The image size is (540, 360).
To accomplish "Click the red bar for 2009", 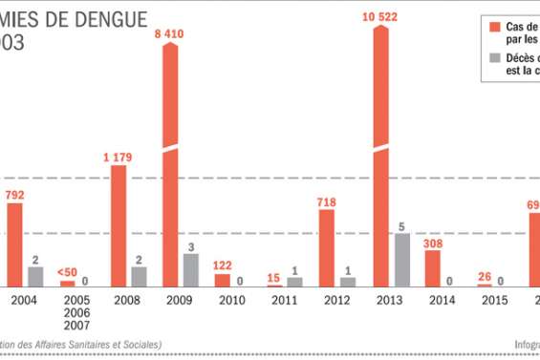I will tap(171, 162).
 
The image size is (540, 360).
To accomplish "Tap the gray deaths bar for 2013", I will tap(401, 259).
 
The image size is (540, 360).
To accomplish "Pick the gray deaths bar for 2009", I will tap(191, 269).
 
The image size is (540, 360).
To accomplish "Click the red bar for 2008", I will tap(119, 225).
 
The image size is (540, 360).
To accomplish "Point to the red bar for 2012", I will tap(327, 247).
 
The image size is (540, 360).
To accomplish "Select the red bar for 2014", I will tap(432, 267).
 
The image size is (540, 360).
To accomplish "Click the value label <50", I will tap(66, 270).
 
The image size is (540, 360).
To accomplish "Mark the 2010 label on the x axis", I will tap(231, 300).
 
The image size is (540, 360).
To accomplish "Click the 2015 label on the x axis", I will tap(494, 300).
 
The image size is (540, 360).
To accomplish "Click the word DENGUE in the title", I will tap(122, 15).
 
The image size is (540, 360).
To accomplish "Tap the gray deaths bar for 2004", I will tap(34, 276).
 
